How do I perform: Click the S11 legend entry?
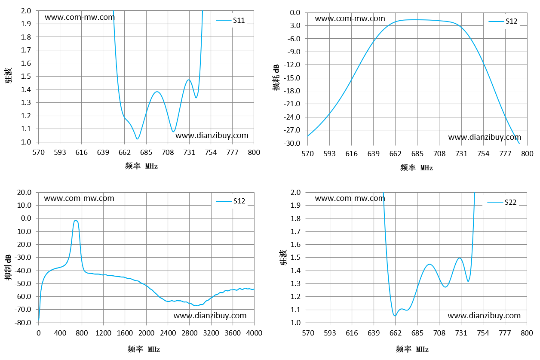coord(230,20)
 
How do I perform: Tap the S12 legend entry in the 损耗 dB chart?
coord(503,21)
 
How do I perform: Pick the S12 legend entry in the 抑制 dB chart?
coord(230,201)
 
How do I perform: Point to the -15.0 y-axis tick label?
coord(291,78)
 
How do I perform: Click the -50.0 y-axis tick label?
coord(23,283)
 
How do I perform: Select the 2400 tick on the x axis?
coord(168,333)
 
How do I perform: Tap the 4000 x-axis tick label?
coord(254,333)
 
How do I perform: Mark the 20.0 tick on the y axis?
coord(24,192)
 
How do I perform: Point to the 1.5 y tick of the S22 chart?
coord(295,258)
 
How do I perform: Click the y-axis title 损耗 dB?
coord(276,77)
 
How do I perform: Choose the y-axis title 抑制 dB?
coord(8,267)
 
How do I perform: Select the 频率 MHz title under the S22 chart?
coord(412,349)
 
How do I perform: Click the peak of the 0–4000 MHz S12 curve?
coord(76,221)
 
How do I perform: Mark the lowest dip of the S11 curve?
coord(137,139)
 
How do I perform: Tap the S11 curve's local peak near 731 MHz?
coord(189,80)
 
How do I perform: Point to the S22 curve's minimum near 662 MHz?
coord(395,316)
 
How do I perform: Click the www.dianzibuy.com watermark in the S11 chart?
coord(212,135)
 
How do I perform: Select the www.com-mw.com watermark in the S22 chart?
coord(350,198)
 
